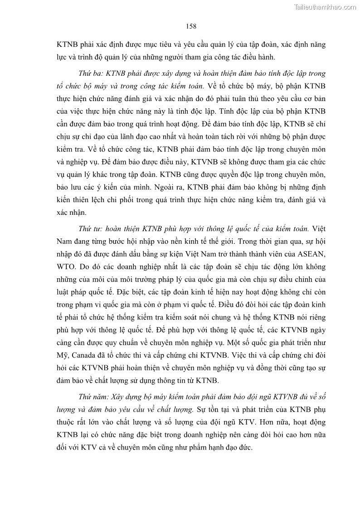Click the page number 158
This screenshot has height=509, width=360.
coord(191,26)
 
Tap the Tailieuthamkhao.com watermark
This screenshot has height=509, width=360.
coord(325,7)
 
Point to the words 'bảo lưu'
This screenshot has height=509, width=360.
coord(69,175)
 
